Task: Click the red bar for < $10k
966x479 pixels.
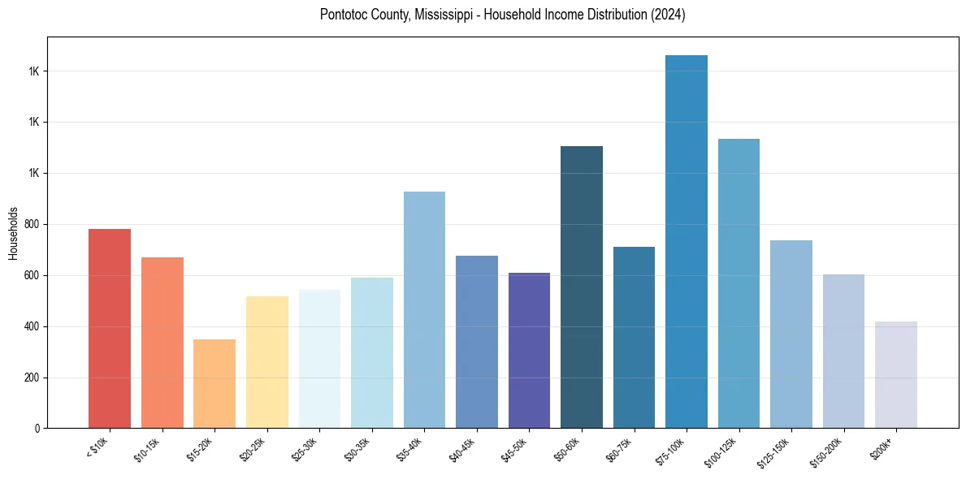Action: (x=110, y=328)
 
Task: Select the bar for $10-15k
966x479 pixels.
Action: (x=162, y=342)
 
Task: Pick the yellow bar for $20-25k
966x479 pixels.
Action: (x=267, y=361)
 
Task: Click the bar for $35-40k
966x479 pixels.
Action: (x=424, y=309)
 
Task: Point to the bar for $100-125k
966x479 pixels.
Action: (x=739, y=283)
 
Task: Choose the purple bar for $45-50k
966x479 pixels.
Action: (x=529, y=350)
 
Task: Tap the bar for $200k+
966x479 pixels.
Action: (x=896, y=374)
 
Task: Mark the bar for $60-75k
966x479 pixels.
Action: (x=634, y=337)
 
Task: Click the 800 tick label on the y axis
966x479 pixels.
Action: (x=33, y=225)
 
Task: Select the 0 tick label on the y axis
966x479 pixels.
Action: (x=37, y=429)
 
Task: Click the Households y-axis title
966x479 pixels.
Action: (x=14, y=233)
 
